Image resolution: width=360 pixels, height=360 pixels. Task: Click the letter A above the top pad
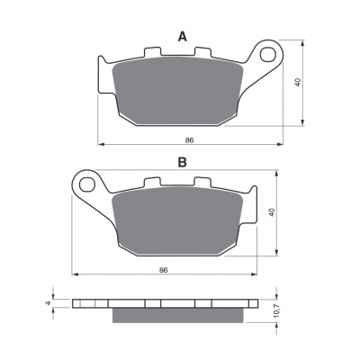point(183,37)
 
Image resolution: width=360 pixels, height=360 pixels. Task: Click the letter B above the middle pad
point(183,162)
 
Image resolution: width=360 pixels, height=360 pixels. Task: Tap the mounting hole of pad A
point(267,55)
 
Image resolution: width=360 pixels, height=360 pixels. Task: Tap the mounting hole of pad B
point(87,184)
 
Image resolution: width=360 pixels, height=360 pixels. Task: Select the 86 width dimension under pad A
point(189,140)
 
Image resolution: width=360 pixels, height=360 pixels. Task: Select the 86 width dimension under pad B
point(164,270)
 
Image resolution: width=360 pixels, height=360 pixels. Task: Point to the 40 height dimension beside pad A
point(297,83)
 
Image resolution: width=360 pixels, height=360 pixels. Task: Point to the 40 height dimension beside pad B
point(272,212)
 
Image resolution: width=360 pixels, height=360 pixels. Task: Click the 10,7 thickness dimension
point(276,310)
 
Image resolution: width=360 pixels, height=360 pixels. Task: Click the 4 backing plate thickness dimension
point(48,303)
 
